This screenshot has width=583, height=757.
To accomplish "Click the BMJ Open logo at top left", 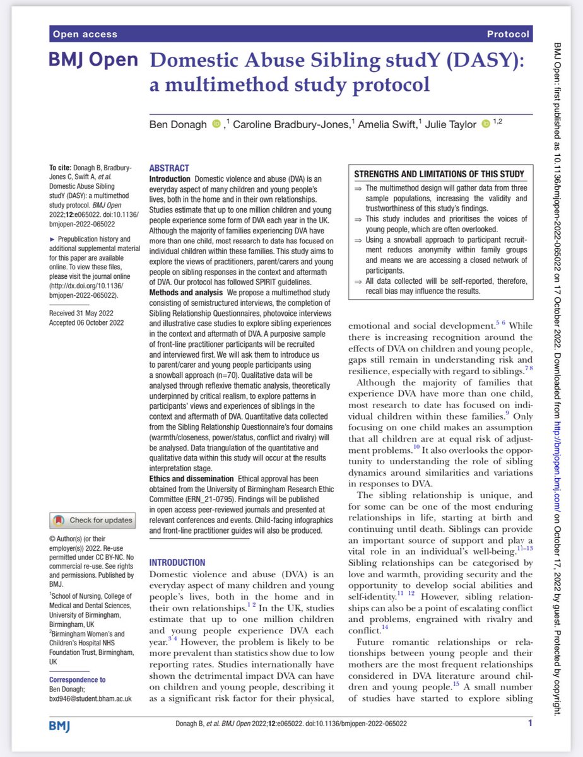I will pyautogui.click(x=93, y=61).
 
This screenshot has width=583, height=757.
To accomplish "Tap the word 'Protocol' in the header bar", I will pyautogui.click(x=508, y=34).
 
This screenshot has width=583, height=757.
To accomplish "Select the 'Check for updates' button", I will pyautogui.click(x=93, y=520).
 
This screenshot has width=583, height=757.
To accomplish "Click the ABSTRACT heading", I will pyautogui.click(x=168, y=168).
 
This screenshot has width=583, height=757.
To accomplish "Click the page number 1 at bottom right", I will pyautogui.click(x=530, y=723).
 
